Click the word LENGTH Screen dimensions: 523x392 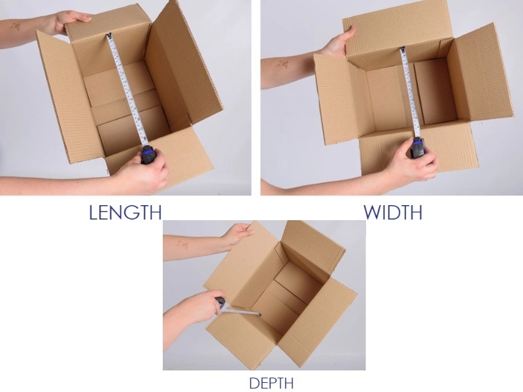126,212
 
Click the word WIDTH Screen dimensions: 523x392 393,212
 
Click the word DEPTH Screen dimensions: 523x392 271,383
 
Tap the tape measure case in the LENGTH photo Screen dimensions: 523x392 148,154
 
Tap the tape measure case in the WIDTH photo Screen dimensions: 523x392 418,148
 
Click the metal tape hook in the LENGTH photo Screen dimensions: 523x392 109,35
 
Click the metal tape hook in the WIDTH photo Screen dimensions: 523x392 403,50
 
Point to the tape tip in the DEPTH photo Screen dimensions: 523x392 260,314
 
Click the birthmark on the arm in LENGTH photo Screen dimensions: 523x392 14,26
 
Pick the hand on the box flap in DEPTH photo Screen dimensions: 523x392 237,235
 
